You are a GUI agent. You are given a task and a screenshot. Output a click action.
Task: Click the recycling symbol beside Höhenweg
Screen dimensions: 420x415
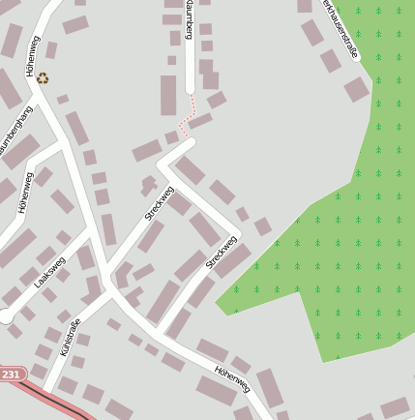pos(43,78)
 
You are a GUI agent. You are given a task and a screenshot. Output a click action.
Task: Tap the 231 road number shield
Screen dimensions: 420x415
pos(11,374)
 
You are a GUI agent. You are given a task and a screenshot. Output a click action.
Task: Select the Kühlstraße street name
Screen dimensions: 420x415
pos(72,335)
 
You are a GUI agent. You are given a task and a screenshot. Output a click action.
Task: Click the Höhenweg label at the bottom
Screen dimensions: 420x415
pos(232,378)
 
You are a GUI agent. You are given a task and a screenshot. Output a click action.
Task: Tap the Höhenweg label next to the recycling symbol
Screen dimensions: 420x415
pos(32,55)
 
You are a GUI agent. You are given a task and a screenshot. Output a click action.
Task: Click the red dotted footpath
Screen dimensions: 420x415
pos(189,116)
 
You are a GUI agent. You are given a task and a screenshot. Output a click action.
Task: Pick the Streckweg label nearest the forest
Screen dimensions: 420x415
pos(222,252)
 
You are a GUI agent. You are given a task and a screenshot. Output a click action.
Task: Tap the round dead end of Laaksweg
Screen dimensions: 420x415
pos(6,315)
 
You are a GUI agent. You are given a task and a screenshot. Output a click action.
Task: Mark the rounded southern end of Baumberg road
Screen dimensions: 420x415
pos(190,89)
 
